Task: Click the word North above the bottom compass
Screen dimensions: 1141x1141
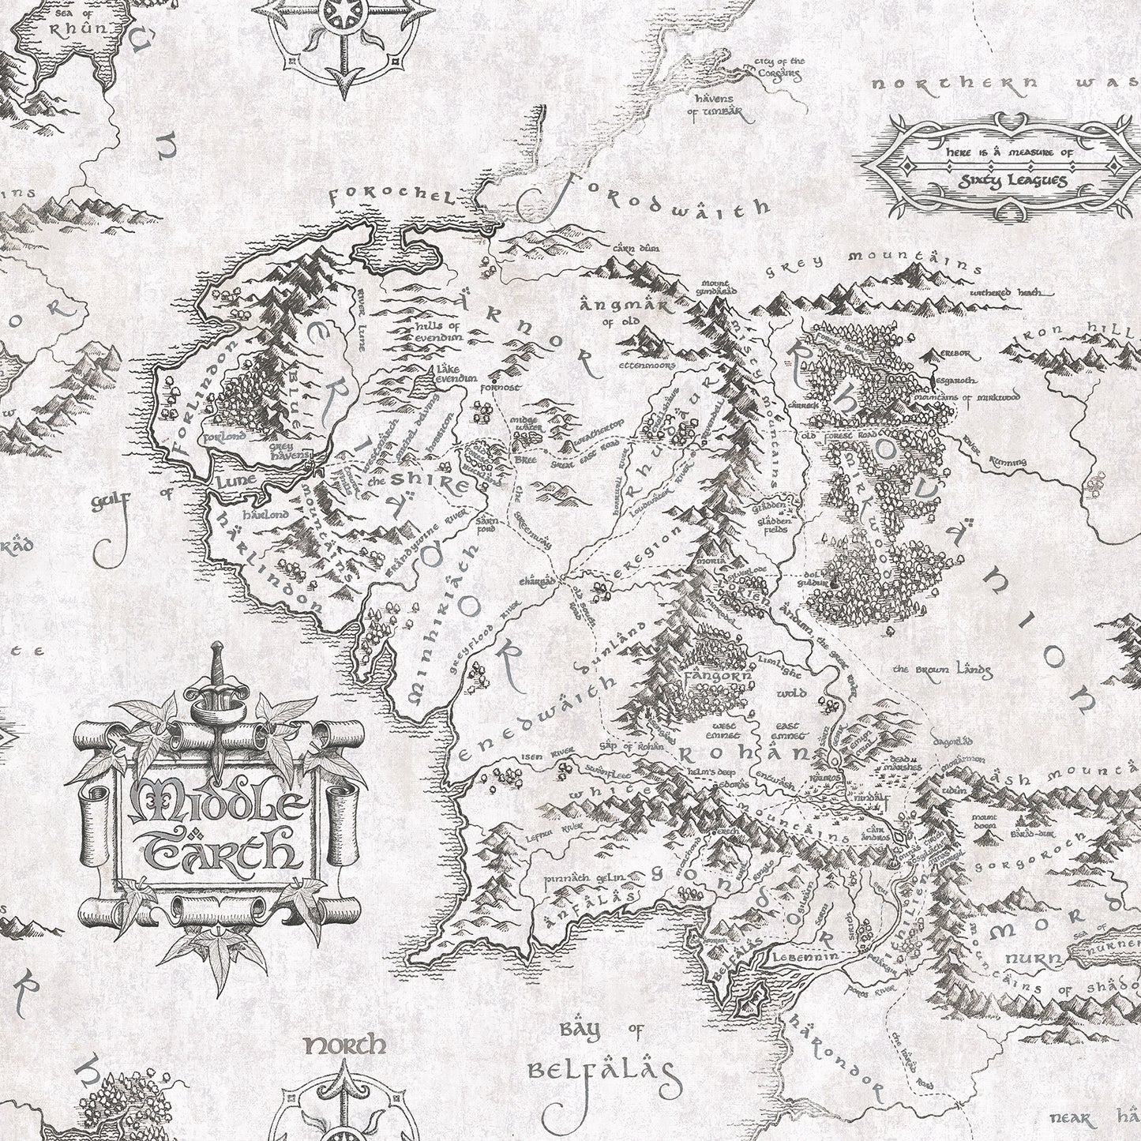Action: coord(345,1046)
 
